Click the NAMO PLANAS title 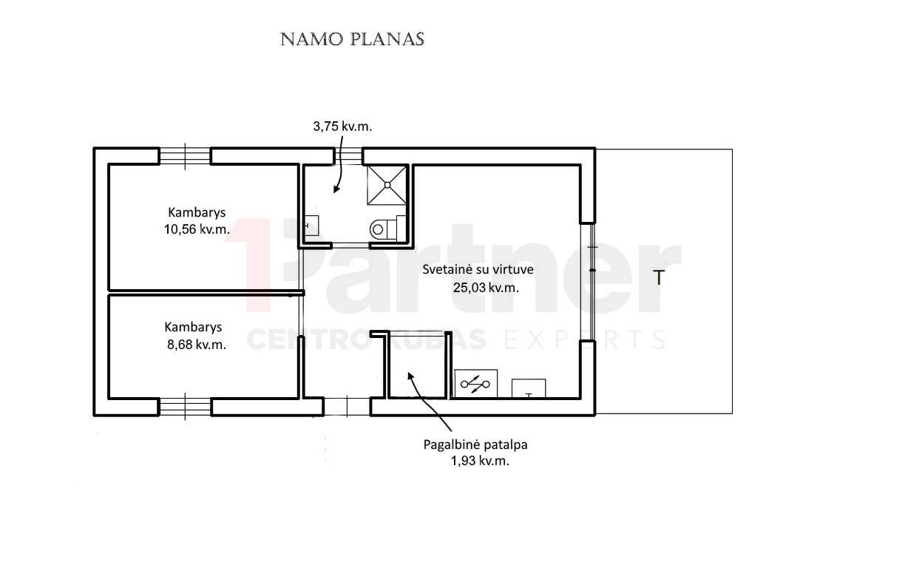click(x=352, y=39)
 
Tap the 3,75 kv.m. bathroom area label click(x=342, y=126)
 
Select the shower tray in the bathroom click(x=387, y=185)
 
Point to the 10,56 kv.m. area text click(x=197, y=229)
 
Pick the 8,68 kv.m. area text click(x=197, y=345)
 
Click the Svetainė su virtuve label click(x=478, y=269)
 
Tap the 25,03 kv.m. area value click(x=486, y=288)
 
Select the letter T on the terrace click(x=659, y=278)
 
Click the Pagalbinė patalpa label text click(x=475, y=444)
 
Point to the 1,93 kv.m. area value click(x=480, y=461)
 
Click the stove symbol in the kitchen click(x=475, y=384)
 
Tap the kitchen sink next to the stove click(x=529, y=388)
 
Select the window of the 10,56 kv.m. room click(x=185, y=156)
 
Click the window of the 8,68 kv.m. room click(x=185, y=407)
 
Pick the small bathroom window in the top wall click(x=348, y=156)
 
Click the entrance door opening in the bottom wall click(x=347, y=407)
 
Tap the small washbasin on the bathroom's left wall click(x=311, y=226)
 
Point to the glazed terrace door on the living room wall click(x=592, y=281)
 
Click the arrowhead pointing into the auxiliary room click(x=410, y=376)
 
